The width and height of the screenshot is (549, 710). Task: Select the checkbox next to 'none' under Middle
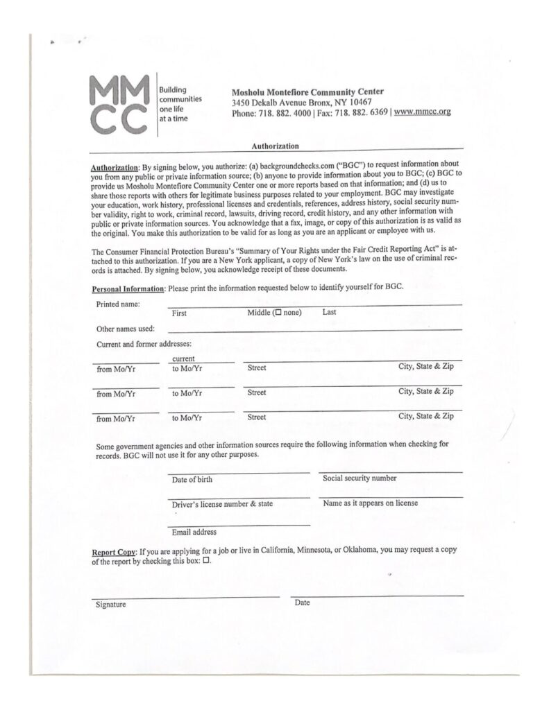pyautogui.click(x=278, y=313)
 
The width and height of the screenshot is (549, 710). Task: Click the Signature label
pyautogui.click(x=111, y=605)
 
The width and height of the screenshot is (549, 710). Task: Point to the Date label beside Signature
pyautogui.click(x=302, y=603)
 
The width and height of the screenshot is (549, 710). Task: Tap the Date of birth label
pyautogui.click(x=192, y=479)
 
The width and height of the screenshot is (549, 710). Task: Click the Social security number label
pyautogui.click(x=360, y=478)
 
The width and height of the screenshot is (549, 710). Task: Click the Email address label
pyautogui.click(x=194, y=532)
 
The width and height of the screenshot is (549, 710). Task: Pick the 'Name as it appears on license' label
pyautogui.click(x=371, y=503)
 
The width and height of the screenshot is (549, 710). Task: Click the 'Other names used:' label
pyautogui.click(x=126, y=329)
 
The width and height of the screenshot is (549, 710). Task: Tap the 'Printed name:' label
pyautogui.click(x=118, y=304)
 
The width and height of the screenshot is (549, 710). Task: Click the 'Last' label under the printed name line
pyautogui.click(x=330, y=313)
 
